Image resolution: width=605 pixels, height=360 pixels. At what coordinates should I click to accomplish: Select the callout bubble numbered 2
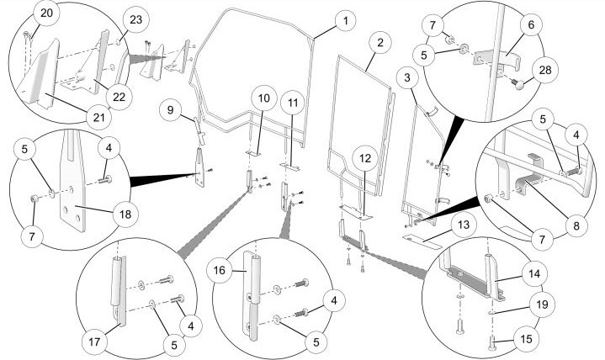[x=380, y=41]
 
